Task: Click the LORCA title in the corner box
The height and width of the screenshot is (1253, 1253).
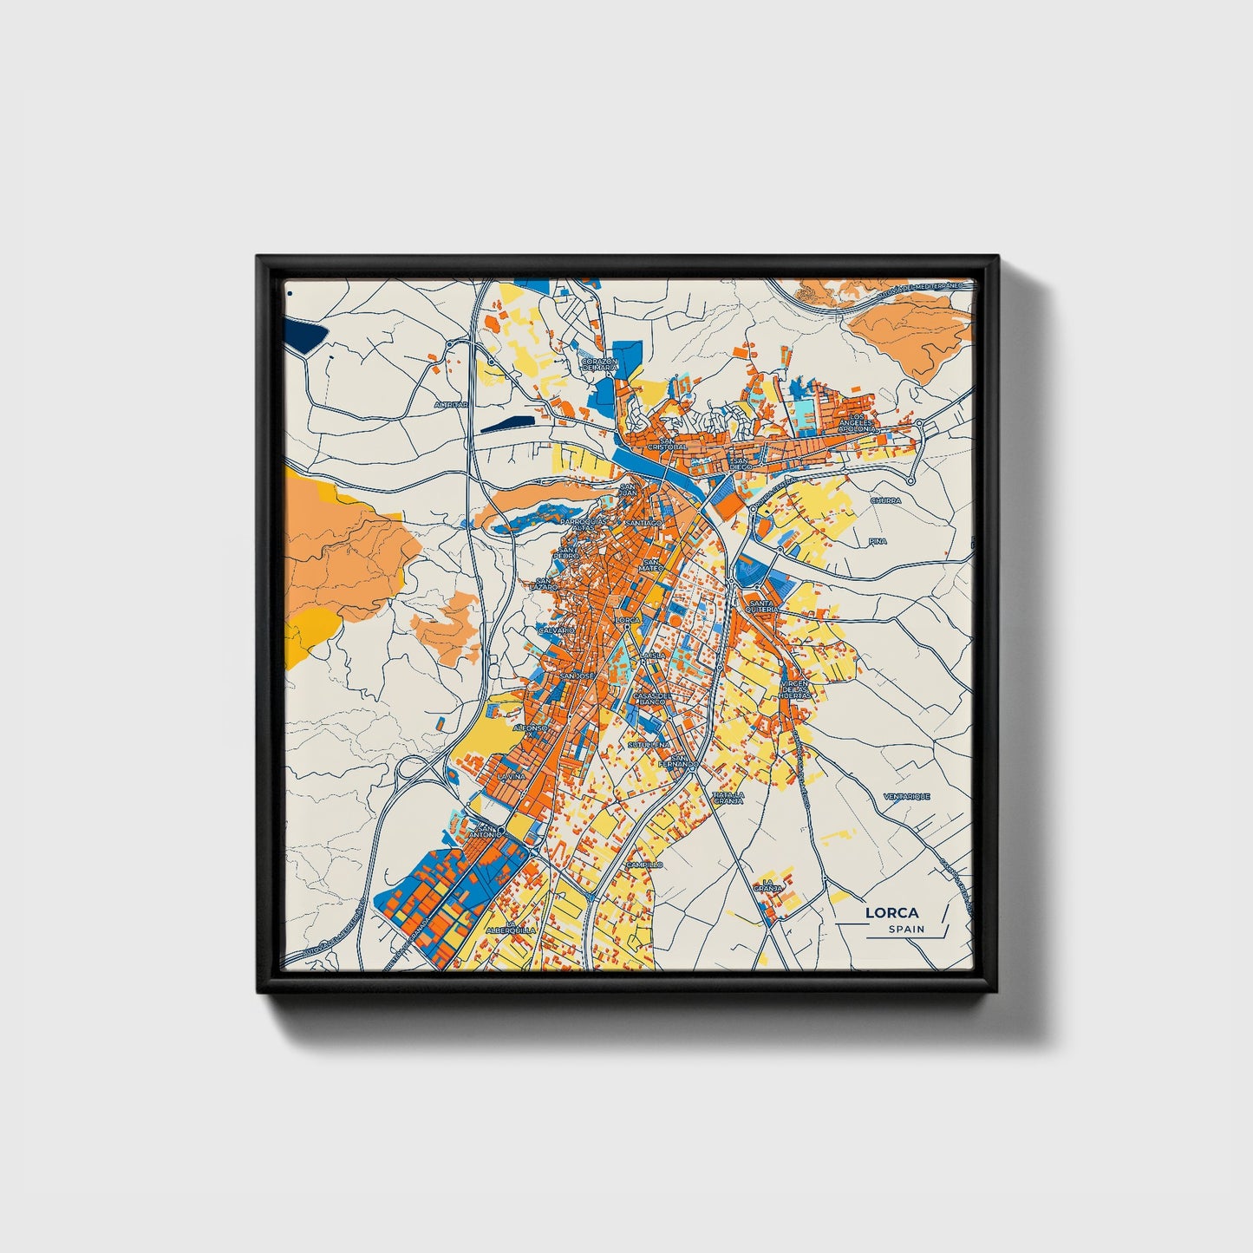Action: [x=892, y=912]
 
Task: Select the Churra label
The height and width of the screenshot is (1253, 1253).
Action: [x=885, y=501]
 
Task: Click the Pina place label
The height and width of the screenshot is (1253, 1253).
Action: [x=878, y=541]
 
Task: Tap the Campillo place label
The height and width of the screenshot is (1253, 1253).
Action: [x=644, y=865]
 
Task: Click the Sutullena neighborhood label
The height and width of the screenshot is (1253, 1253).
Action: [x=648, y=745]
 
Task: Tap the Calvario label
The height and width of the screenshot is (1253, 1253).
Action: [x=556, y=630]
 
